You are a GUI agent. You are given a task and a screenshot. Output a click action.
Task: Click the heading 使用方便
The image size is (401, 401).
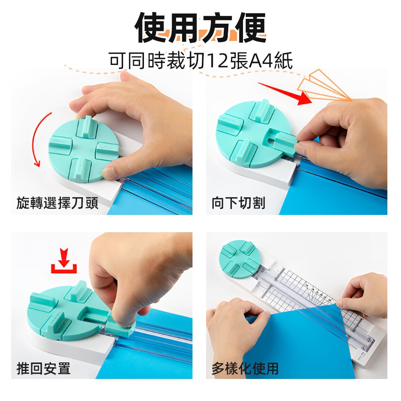click(x=200, y=28)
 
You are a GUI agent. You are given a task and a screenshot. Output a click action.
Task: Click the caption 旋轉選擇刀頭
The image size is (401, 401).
click(x=57, y=203)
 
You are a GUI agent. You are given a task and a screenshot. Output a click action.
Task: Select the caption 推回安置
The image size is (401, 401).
click(x=43, y=368)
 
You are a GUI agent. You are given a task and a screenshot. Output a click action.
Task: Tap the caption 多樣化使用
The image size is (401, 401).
click(x=245, y=368)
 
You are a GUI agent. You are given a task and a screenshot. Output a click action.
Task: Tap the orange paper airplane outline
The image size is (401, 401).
click(x=323, y=85)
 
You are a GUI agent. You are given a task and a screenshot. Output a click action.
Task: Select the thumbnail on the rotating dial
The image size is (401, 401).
click(x=109, y=173)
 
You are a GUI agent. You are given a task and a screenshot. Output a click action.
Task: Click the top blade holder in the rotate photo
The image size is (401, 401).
click(x=87, y=126)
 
